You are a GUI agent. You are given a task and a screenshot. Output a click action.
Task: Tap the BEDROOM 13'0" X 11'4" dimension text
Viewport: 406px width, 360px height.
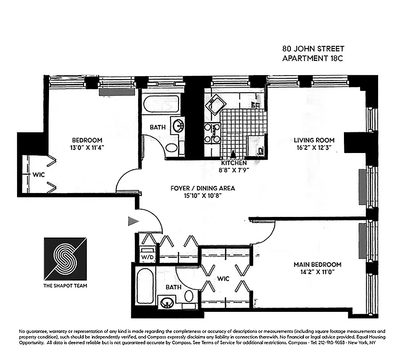(x=86, y=147)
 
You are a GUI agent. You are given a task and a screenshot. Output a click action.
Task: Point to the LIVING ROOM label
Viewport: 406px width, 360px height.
(x=314, y=140)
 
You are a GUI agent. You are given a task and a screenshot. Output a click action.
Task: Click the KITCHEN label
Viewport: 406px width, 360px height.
(x=234, y=162)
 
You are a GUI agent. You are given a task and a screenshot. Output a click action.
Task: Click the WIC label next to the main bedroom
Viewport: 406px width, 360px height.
(x=223, y=279)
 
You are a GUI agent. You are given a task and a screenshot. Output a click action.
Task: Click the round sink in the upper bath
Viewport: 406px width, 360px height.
(x=179, y=124)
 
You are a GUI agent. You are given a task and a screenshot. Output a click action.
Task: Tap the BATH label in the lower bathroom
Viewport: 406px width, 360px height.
(x=174, y=287)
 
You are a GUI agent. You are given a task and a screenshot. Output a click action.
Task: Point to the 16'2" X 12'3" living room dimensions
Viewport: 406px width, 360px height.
(x=314, y=147)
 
